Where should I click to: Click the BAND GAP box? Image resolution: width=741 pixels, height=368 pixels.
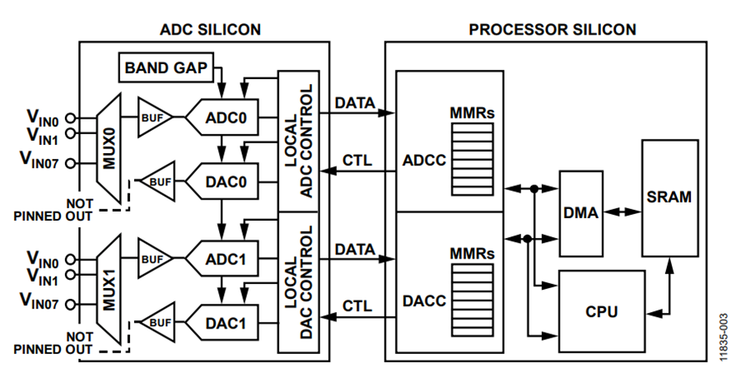pos(165,68)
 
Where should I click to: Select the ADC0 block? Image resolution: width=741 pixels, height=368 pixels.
pos(222,117)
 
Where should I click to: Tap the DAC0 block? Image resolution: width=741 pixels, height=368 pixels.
pos(222,182)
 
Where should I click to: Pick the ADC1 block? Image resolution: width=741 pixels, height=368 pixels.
pos(222,259)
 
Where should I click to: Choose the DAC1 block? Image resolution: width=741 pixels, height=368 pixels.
pos(222,323)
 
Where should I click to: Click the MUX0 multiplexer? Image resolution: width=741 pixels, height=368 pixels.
pos(109,148)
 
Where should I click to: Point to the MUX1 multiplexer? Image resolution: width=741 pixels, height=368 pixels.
pos(109,289)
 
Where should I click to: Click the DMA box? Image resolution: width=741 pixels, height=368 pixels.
pos(580,213)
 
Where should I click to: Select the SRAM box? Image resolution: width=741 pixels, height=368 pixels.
pos(669,198)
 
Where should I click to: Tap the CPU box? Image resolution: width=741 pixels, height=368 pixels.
pos(602,311)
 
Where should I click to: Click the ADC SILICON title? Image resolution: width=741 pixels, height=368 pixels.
pos(210,30)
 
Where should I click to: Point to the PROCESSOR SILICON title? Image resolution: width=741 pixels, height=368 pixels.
pos(552,30)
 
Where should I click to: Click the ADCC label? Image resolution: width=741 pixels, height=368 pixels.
pos(424,161)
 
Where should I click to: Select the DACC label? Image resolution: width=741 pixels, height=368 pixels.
pos(424,301)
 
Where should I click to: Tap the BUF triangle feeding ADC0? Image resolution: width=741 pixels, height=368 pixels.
pos(153,117)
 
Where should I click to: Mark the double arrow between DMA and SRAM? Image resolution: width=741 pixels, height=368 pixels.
pos(622,212)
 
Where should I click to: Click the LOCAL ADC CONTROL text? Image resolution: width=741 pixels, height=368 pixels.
pos(300,142)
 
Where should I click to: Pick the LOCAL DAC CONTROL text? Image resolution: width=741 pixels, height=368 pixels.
pos(300,282)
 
